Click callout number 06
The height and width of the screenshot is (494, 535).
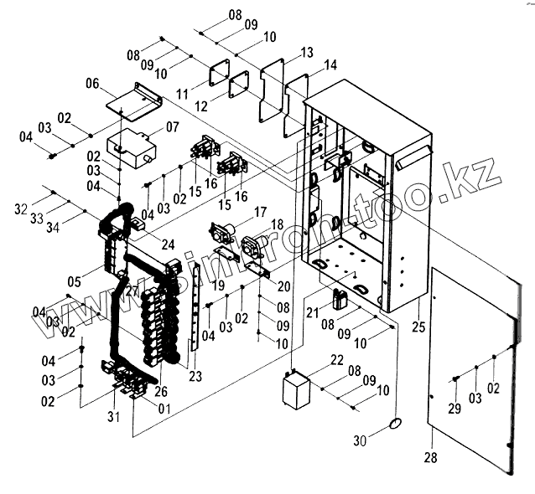click(x=92, y=84)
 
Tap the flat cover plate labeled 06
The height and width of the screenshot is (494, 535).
click(x=134, y=100)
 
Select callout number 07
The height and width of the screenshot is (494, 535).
click(x=173, y=127)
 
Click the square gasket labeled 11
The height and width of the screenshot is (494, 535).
click(x=217, y=73)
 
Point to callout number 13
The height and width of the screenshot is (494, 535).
click(x=306, y=53)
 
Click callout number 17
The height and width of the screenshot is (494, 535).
click(x=261, y=212)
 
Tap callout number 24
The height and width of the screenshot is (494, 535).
click(x=168, y=244)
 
